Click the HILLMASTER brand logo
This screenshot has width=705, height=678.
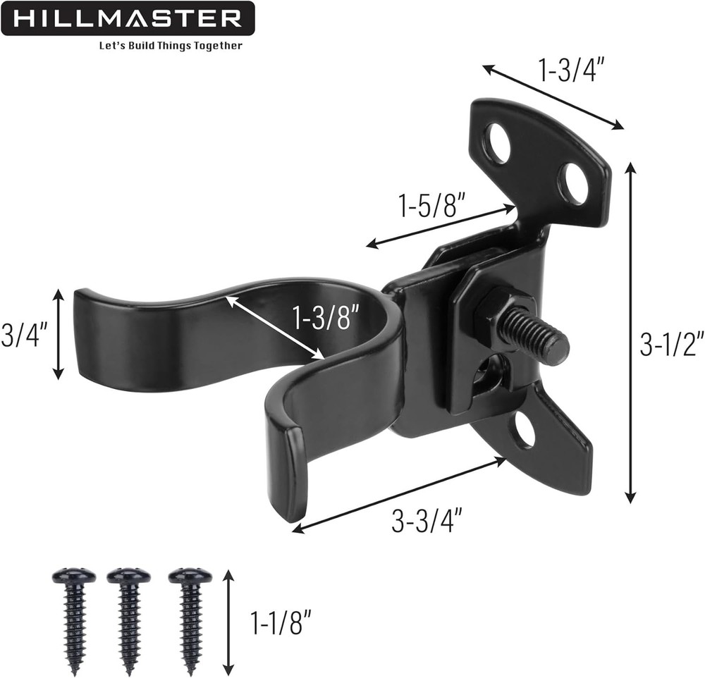[127, 18]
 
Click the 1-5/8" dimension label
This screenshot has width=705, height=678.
[432, 207]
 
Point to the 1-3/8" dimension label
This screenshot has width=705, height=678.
[329, 319]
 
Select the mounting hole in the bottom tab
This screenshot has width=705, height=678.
[523, 429]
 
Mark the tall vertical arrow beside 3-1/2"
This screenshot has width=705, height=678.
[631, 331]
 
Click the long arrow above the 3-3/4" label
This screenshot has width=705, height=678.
[400, 494]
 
